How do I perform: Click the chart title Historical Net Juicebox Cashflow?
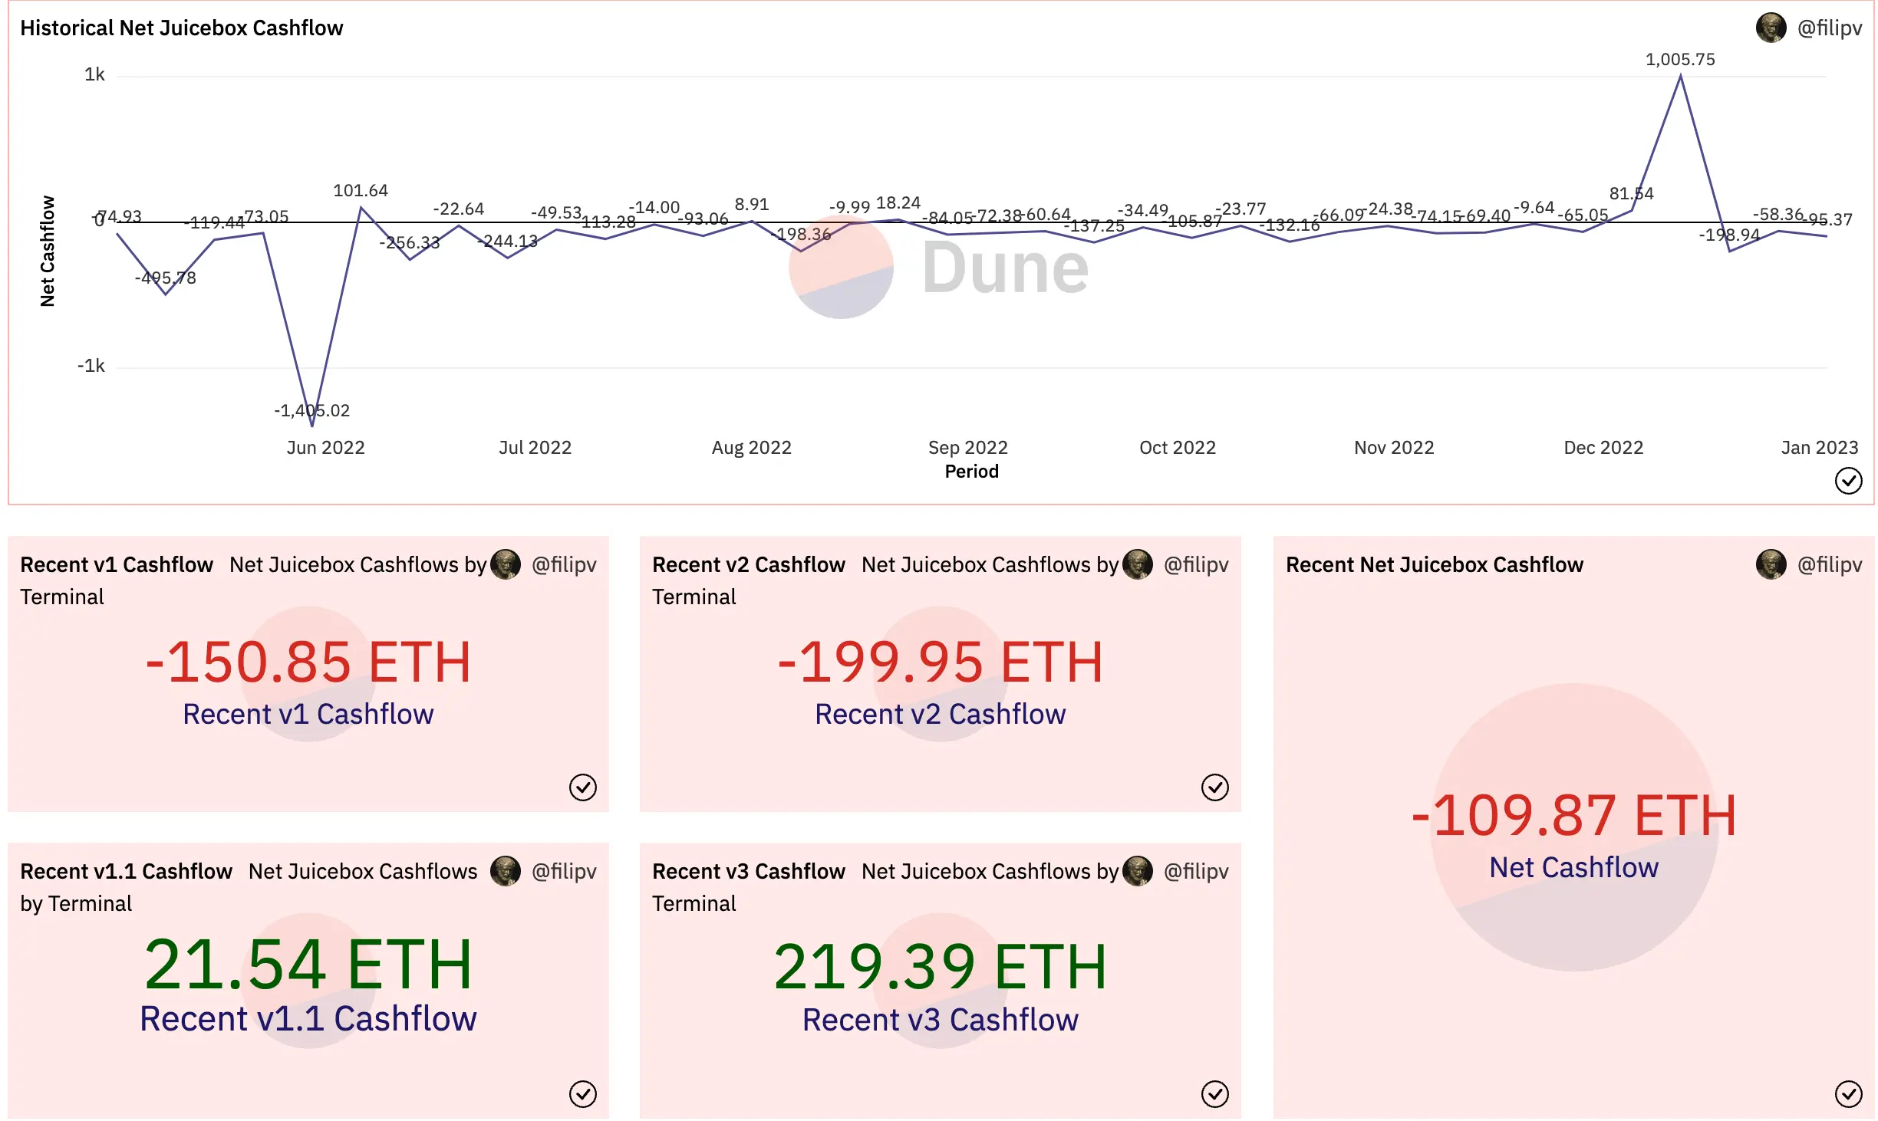(x=181, y=28)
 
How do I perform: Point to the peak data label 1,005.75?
(x=1679, y=60)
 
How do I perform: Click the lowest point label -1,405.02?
(x=311, y=411)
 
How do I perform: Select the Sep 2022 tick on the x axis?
(x=967, y=448)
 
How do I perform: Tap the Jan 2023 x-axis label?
(x=1819, y=448)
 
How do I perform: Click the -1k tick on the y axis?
(x=91, y=366)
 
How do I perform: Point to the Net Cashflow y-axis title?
(x=48, y=251)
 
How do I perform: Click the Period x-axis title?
(x=971, y=472)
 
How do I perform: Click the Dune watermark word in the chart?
(x=1004, y=268)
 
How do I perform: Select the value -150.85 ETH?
(x=308, y=662)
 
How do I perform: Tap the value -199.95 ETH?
(x=940, y=662)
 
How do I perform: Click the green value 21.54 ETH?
(x=308, y=965)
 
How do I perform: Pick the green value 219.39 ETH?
(x=940, y=967)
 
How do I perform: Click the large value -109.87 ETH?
(x=1573, y=816)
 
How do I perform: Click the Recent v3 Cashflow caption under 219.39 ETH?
(x=940, y=1021)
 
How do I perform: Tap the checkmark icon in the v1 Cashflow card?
(x=582, y=787)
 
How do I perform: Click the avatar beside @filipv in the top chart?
(x=1771, y=28)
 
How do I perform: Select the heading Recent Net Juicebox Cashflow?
(x=1434, y=565)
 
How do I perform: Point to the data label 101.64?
(x=360, y=191)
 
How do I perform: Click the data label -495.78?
(x=166, y=278)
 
